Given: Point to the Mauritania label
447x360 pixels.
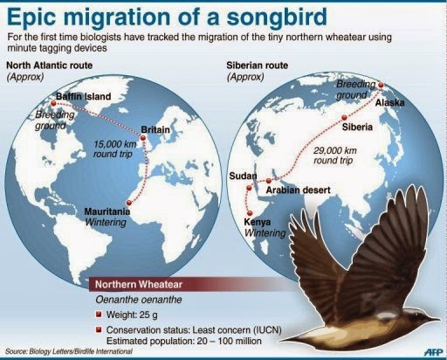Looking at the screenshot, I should [109, 212].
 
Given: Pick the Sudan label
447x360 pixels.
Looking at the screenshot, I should [243, 177].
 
